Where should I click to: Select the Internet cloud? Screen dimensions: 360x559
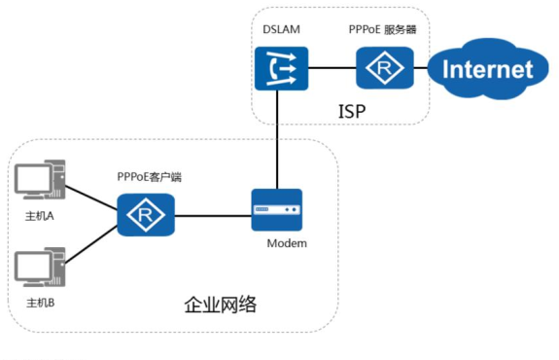[488, 68]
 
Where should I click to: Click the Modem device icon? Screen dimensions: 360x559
[276, 210]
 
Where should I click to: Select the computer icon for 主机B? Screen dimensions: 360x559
[40, 267]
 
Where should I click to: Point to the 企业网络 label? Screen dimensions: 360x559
[220, 305]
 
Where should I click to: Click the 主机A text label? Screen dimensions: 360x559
[40, 215]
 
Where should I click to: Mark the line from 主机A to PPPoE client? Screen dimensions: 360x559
[92, 199]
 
